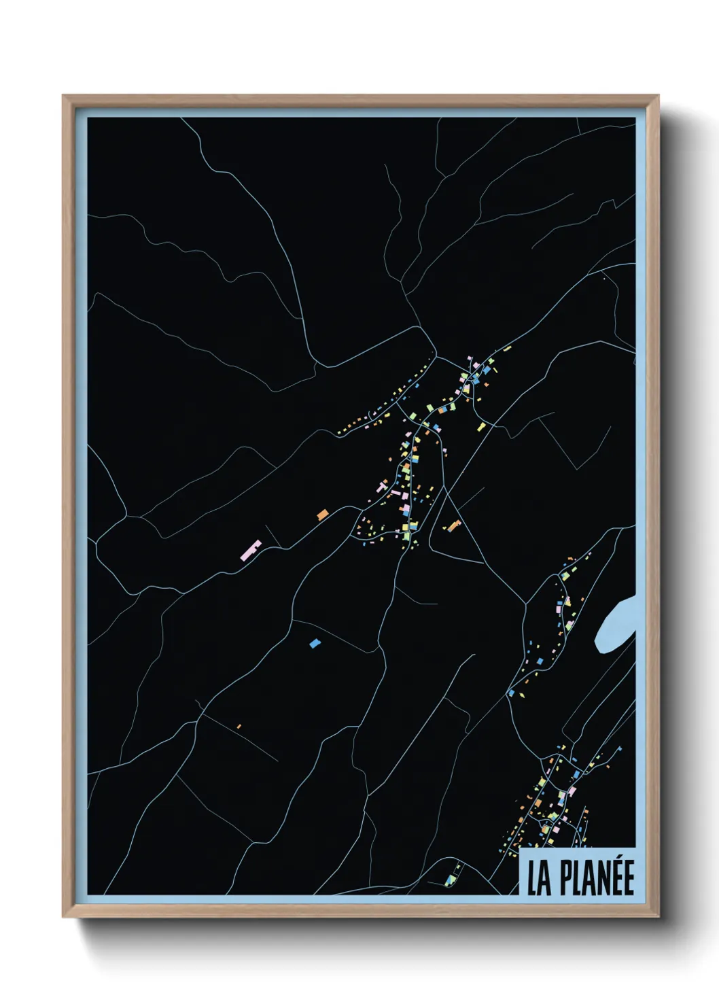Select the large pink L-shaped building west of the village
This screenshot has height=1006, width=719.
pyautogui.click(x=251, y=550)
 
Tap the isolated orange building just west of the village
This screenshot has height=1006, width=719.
pyautogui.click(x=322, y=515)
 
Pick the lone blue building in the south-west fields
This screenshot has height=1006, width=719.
pyautogui.click(x=314, y=642)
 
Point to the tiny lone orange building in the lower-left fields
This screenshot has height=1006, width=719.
pyautogui.click(x=239, y=727)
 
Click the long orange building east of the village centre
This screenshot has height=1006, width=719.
pyautogui.click(x=453, y=525)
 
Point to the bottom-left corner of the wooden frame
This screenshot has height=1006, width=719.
pyautogui.click(x=64, y=916)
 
